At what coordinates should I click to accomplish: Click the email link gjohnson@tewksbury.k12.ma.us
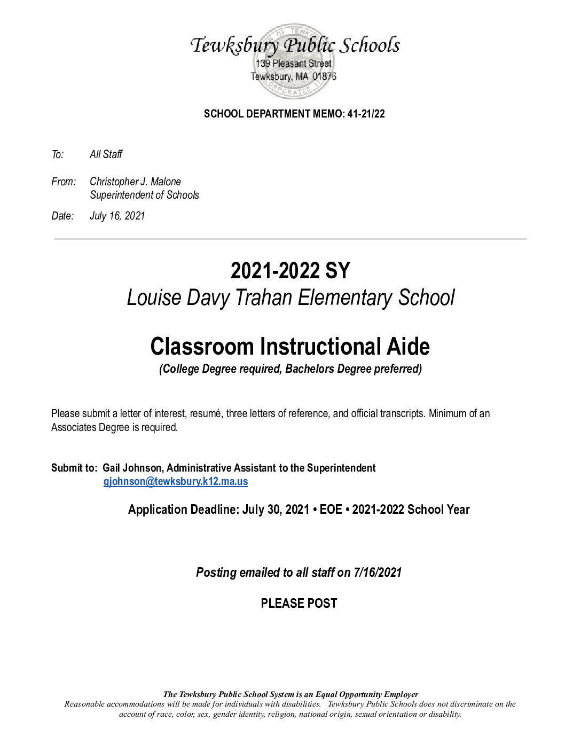point(176,481)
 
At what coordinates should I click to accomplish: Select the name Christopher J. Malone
point(135,182)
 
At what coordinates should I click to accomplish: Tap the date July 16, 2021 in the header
point(117,216)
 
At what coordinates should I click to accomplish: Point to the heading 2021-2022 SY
point(290,271)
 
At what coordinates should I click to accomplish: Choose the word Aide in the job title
point(408,347)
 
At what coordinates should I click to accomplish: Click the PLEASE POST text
point(299,604)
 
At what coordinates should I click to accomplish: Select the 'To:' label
point(58,155)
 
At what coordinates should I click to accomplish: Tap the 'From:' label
point(64,182)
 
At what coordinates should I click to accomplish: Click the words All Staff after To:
point(106,155)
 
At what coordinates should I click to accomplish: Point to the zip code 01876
point(325,76)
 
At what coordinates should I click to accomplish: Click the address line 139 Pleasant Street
point(294,64)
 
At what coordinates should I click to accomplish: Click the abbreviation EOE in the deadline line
point(331,510)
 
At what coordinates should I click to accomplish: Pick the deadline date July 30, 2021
point(276,510)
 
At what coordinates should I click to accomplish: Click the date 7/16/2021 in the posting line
point(377,573)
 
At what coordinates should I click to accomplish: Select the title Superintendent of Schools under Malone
point(144,195)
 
